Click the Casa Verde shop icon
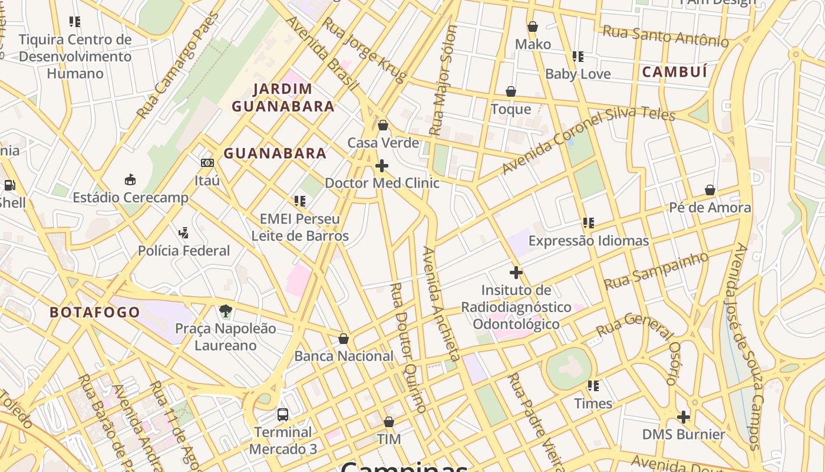[383, 125]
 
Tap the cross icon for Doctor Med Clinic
[382, 166]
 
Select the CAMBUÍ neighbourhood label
[674, 72]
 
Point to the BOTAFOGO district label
[95, 312]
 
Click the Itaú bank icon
[207, 163]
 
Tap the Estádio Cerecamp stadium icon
[130, 179]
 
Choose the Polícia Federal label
[184, 251]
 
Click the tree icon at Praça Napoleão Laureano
[225, 310]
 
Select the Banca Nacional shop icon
[344, 339]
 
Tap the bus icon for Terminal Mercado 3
[283, 414]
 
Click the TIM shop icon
[389, 422]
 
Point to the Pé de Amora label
[709, 208]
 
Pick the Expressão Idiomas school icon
[588, 223]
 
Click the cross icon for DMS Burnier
[684, 417]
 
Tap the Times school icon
[593, 386]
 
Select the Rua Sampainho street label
[656, 271]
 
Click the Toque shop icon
[511, 91]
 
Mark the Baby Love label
[577, 74]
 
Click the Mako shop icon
[533, 27]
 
